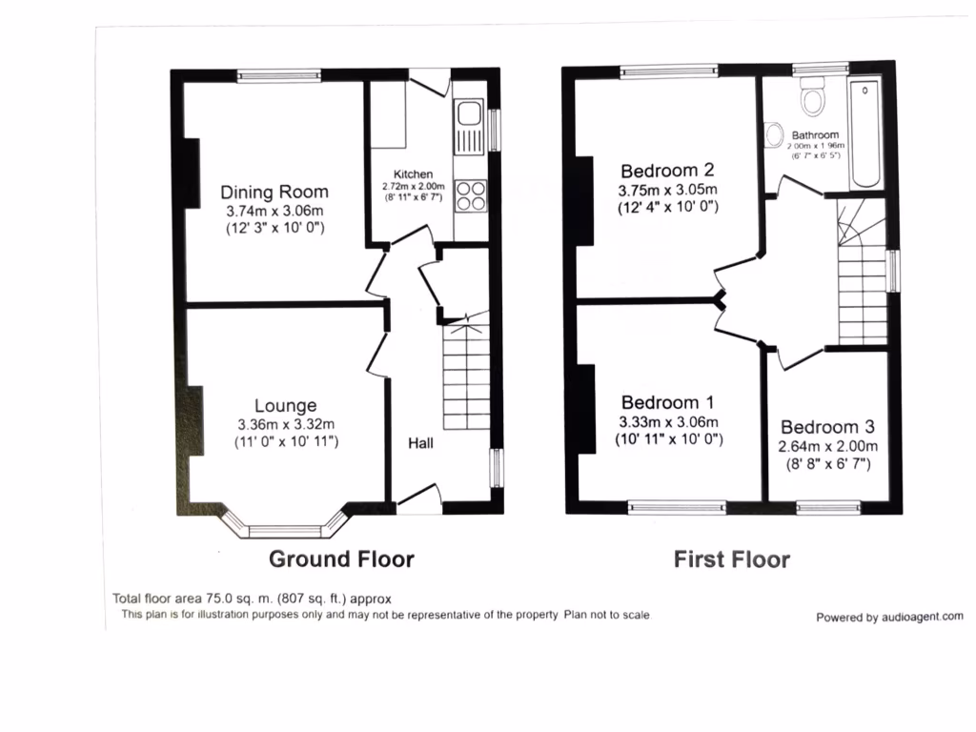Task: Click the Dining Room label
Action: (x=274, y=192)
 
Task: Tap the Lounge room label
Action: (x=285, y=406)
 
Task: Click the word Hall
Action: (x=422, y=443)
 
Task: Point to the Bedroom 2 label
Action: (x=667, y=171)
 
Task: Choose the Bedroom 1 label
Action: (x=667, y=402)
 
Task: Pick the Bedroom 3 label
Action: (x=827, y=427)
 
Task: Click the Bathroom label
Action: (x=815, y=135)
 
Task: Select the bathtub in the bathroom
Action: (x=867, y=133)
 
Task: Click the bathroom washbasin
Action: (x=772, y=135)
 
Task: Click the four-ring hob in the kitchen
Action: (x=470, y=195)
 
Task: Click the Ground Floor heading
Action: (x=341, y=559)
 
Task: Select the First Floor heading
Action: (x=731, y=559)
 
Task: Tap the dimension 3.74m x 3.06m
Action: (x=274, y=211)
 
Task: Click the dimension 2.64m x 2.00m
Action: (x=827, y=446)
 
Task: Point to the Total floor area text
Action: (x=252, y=599)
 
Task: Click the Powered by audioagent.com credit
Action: (x=888, y=617)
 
